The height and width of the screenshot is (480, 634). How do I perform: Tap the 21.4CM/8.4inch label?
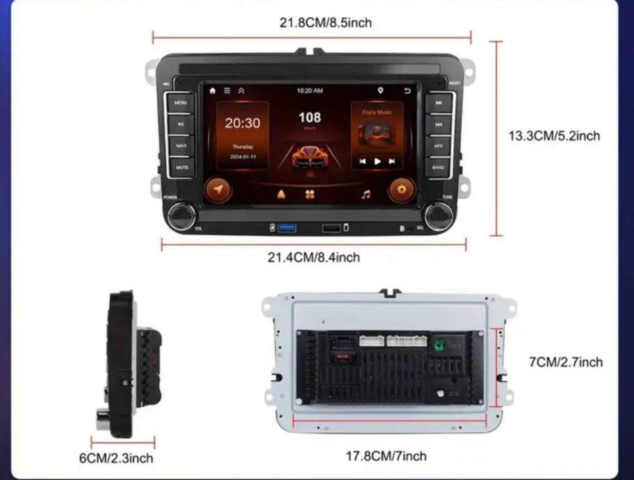314,257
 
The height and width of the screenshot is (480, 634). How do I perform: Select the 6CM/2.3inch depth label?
115,458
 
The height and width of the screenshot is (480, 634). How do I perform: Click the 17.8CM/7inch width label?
387,456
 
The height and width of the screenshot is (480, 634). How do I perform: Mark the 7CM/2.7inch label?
566,362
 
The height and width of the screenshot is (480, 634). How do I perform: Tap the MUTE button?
181,168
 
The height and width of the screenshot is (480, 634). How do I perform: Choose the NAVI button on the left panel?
181,146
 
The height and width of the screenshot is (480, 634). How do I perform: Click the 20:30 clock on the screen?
242,123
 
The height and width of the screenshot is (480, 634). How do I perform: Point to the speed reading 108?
309,118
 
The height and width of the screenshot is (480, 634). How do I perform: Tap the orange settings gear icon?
401,190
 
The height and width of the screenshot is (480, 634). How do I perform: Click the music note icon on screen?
366,194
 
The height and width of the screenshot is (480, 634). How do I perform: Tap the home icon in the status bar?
212,90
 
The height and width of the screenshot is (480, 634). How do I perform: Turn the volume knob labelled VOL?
180,215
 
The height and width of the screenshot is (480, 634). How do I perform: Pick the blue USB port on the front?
286,228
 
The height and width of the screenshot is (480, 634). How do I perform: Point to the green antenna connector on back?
440,344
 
